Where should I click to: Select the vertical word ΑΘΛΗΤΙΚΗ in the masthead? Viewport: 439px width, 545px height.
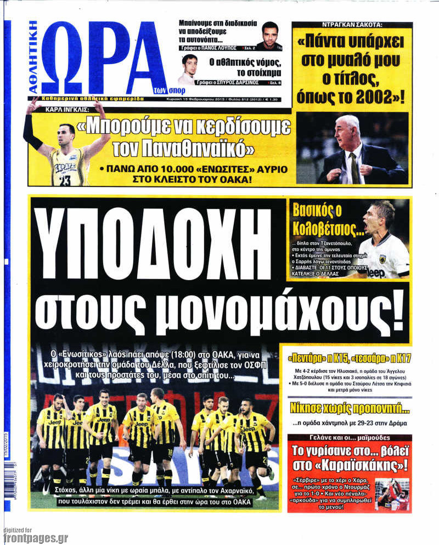(33, 58)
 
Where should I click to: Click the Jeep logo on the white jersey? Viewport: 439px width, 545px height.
(376, 272)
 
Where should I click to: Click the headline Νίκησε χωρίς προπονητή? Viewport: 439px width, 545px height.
(350, 407)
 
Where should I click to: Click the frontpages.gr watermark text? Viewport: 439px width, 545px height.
(36, 538)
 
